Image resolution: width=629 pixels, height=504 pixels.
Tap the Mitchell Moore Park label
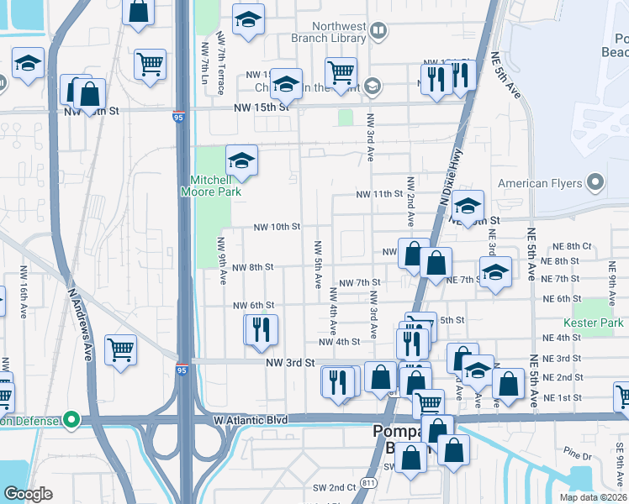coord(210,186)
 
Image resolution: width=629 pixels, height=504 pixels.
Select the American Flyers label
coord(540,183)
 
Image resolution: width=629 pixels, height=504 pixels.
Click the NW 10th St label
coord(277,227)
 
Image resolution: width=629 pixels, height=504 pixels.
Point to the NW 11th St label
coord(379,194)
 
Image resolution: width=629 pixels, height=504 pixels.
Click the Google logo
coord(29,493)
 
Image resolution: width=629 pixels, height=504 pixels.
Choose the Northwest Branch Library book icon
coord(378,32)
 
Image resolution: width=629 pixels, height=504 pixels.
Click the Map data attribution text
coord(593,497)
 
